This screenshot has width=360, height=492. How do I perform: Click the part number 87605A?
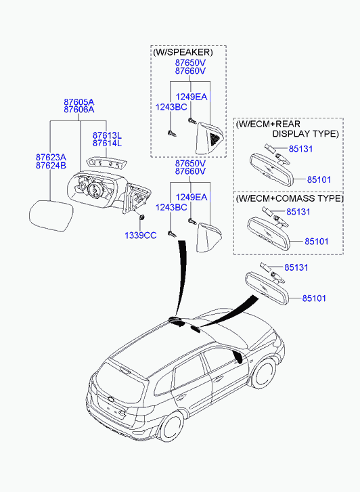point(79,102)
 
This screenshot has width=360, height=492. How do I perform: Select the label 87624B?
point(51,166)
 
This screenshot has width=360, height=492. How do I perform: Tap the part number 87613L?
point(107,135)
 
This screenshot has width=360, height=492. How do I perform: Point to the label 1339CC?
point(140,236)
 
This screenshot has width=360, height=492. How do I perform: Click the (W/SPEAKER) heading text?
point(183,52)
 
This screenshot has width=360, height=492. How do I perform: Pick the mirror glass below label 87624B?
point(51,216)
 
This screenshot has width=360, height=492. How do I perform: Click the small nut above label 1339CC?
point(141,217)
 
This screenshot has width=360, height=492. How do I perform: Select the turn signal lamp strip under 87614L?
point(107,164)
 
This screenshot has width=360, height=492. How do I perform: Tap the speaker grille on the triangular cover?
point(215,138)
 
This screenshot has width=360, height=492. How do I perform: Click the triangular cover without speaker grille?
point(208,238)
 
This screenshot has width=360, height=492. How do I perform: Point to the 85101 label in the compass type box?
point(317,242)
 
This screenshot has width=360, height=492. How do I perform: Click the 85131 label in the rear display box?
point(300,149)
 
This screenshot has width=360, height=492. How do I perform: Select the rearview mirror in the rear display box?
point(272,169)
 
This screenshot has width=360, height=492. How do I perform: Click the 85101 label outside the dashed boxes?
point(314,298)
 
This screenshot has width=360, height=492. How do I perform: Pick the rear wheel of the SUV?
point(171,427)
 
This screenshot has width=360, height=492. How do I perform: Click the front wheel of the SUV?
point(263,374)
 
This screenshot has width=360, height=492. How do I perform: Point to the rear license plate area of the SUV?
point(110,407)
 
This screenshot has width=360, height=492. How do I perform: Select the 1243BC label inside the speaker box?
point(171,107)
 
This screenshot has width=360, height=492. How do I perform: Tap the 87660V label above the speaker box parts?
point(190,71)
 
